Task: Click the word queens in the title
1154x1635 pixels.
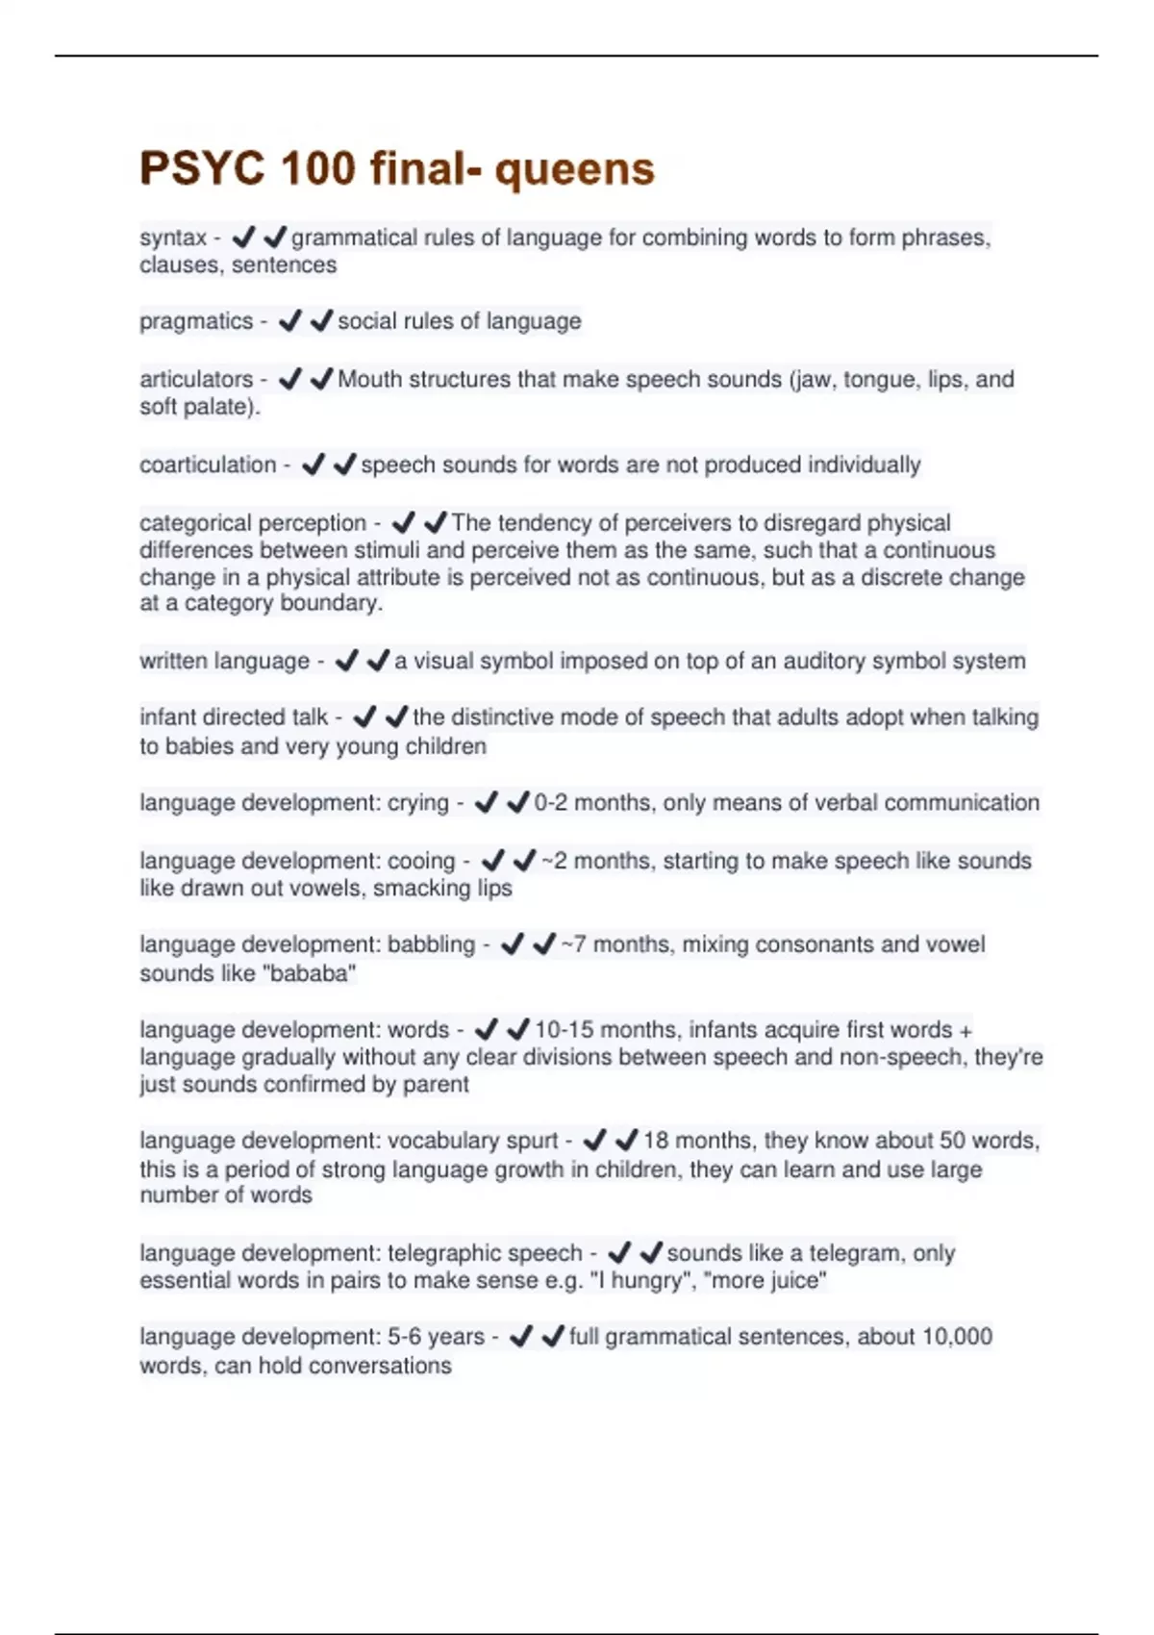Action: click(x=575, y=170)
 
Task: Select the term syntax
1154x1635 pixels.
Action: click(x=173, y=238)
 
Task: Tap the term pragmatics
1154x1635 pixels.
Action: click(x=196, y=321)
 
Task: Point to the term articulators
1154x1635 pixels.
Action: click(x=196, y=379)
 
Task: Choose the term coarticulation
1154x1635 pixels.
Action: click(x=208, y=465)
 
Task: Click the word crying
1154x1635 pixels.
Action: click(x=418, y=803)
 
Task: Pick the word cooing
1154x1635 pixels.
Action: click(x=421, y=861)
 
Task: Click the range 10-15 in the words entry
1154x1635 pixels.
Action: click(x=564, y=1029)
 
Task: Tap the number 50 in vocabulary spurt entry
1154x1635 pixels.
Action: click(x=952, y=1141)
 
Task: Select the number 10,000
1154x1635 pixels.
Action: click(x=957, y=1337)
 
